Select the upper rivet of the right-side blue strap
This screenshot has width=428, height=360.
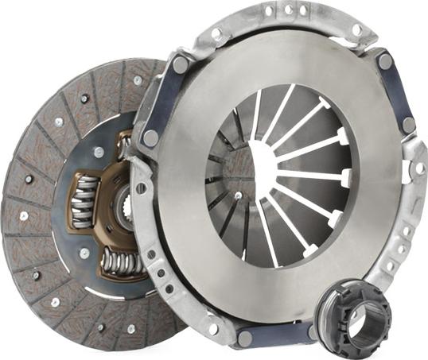point(385,60)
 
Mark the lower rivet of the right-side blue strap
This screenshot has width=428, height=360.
point(408,124)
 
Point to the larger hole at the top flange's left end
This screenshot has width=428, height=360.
point(216,34)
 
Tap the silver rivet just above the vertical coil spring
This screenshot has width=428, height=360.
point(99,152)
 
